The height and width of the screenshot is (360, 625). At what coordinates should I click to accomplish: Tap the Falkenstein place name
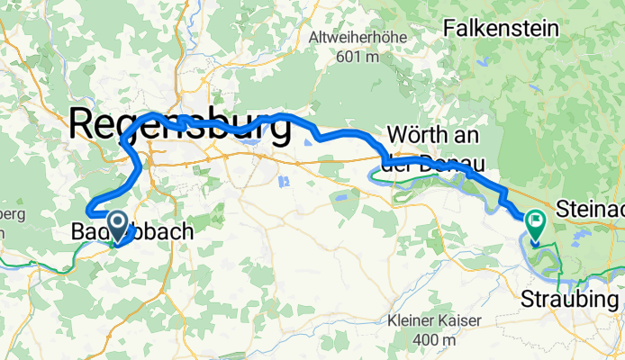[x=501, y=28]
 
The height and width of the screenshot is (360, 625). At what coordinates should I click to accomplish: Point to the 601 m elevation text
[x=358, y=57]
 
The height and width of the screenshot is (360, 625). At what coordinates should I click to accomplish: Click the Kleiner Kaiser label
[x=434, y=320]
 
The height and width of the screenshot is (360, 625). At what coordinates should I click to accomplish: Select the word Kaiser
[x=459, y=320]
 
